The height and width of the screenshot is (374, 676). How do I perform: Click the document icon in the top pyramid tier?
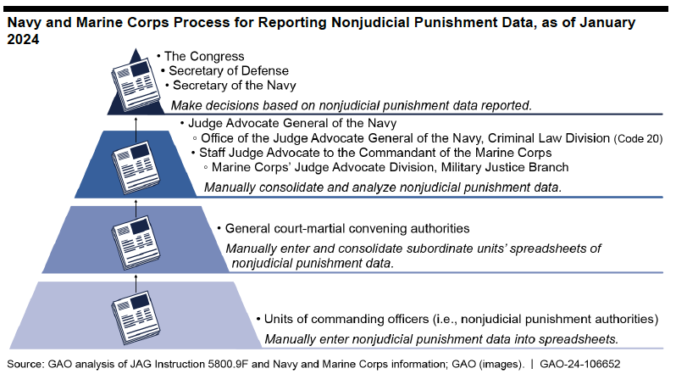pyautogui.click(x=136, y=84)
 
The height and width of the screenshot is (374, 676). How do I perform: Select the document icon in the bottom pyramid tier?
pyautogui.click(x=136, y=318)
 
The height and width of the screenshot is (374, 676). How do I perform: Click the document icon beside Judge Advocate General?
pyautogui.click(x=136, y=167)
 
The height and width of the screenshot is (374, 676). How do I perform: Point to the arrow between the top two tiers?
pyautogui.click(x=136, y=129)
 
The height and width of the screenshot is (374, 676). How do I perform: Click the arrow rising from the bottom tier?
pyautogui.click(x=136, y=284)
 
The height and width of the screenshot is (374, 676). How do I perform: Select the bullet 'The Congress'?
pyautogui.click(x=201, y=57)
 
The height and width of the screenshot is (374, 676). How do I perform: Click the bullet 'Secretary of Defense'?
pyautogui.click(x=224, y=70)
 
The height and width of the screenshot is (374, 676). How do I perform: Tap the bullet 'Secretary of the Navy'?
pyautogui.click(x=230, y=86)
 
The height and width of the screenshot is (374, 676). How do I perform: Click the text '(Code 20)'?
pyautogui.click(x=639, y=139)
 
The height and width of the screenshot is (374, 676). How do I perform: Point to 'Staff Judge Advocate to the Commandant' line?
pyautogui.click(x=371, y=153)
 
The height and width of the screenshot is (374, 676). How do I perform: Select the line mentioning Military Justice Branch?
pyautogui.click(x=385, y=167)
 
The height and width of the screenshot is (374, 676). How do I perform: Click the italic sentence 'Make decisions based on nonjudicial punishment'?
pyautogui.click(x=352, y=106)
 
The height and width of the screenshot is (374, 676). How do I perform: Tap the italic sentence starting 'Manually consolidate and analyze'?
pyautogui.click(x=382, y=187)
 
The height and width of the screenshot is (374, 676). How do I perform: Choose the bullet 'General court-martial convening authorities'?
pyautogui.click(x=343, y=228)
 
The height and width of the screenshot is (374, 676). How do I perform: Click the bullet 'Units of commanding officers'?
pyautogui.click(x=457, y=319)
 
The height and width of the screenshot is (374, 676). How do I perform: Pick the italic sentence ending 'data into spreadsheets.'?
pyautogui.click(x=441, y=339)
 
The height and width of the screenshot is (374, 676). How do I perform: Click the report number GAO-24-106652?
pyautogui.click(x=580, y=364)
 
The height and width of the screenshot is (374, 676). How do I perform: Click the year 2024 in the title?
pyautogui.click(x=23, y=40)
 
